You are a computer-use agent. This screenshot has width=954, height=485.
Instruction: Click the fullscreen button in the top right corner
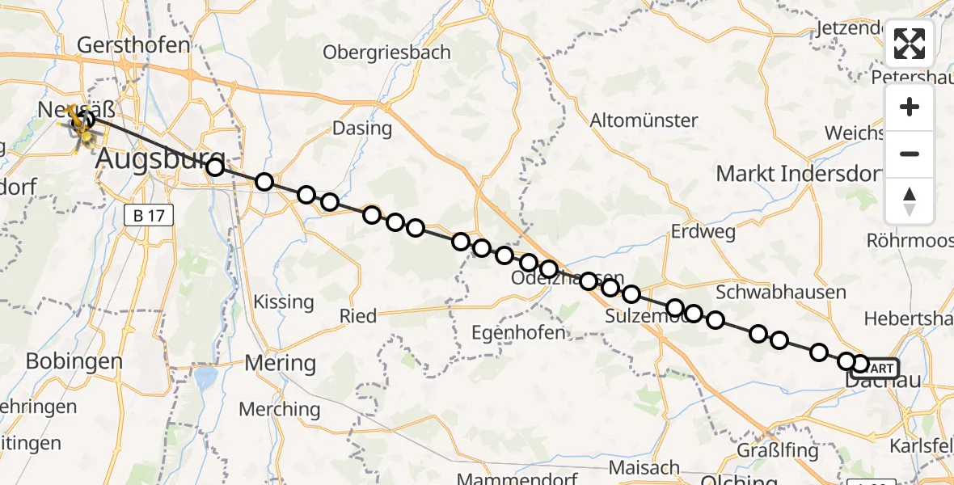[x=910, y=44]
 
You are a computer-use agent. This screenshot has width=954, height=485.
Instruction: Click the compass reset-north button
[x=910, y=200]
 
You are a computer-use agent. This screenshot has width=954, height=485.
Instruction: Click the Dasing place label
[x=362, y=129]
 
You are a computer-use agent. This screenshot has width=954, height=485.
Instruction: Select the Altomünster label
[x=644, y=120]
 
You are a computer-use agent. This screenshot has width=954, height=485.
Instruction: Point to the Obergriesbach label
[x=386, y=53]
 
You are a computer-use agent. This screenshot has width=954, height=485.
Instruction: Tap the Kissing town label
[x=283, y=302]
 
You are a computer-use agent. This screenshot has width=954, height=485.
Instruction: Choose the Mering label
[x=281, y=362]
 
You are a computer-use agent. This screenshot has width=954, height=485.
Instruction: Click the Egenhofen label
[x=519, y=332]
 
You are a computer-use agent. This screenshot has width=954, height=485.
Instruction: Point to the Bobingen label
[x=74, y=361]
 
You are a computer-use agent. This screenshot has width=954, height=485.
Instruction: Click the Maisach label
[x=644, y=467]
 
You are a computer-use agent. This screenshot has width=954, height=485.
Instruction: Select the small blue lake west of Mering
[x=206, y=377]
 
